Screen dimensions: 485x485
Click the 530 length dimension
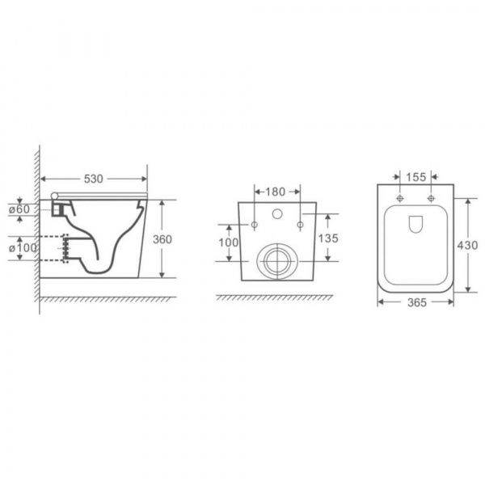(x=94, y=179)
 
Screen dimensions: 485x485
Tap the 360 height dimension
(x=162, y=239)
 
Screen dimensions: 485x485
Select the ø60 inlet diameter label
(x=19, y=209)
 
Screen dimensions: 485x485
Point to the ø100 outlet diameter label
(x=23, y=248)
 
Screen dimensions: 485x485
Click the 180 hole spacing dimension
(x=276, y=192)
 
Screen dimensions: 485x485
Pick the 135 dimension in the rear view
(x=328, y=238)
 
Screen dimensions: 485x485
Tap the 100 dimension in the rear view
(x=229, y=242)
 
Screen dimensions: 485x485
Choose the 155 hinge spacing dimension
(x=416, y=177)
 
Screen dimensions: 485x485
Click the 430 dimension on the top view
(x=468, y=245)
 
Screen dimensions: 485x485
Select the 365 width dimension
(x=417, y=302)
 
